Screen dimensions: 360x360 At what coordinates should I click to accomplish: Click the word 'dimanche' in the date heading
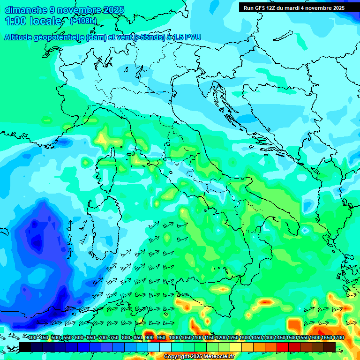click(26, 10)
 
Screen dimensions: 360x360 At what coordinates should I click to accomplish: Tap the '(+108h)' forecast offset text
click(83, 21)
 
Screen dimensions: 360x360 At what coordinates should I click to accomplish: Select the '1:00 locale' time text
click(33, 21)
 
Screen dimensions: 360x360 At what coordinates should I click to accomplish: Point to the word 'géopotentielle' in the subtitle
click(59, 37)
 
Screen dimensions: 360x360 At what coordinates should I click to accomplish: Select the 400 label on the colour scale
click(32, 338)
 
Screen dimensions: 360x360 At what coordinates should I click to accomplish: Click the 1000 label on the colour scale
click(174, 338)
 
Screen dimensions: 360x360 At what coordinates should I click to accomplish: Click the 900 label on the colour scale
click(150, 338)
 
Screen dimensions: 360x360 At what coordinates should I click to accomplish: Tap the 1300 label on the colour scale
click(245, 338)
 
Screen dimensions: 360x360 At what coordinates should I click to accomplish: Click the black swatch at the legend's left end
click(25, 347)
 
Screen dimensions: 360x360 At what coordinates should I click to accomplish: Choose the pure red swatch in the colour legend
click(283, 347)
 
